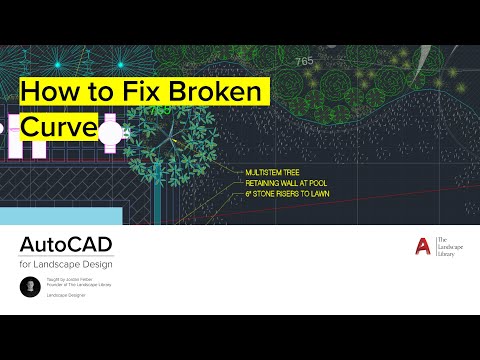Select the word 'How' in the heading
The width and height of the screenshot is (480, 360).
tap(46, 93)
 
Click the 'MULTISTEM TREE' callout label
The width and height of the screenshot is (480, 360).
tap(273, 172)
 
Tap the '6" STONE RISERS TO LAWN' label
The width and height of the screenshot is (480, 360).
tap(289, 192)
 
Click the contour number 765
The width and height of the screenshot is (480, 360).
tap(304, 62)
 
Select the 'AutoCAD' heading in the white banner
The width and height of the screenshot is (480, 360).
tap(66, 246)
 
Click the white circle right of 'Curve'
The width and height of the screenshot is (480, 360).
tap(110, 131)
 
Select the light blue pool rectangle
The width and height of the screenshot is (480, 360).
tap(60, 215)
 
